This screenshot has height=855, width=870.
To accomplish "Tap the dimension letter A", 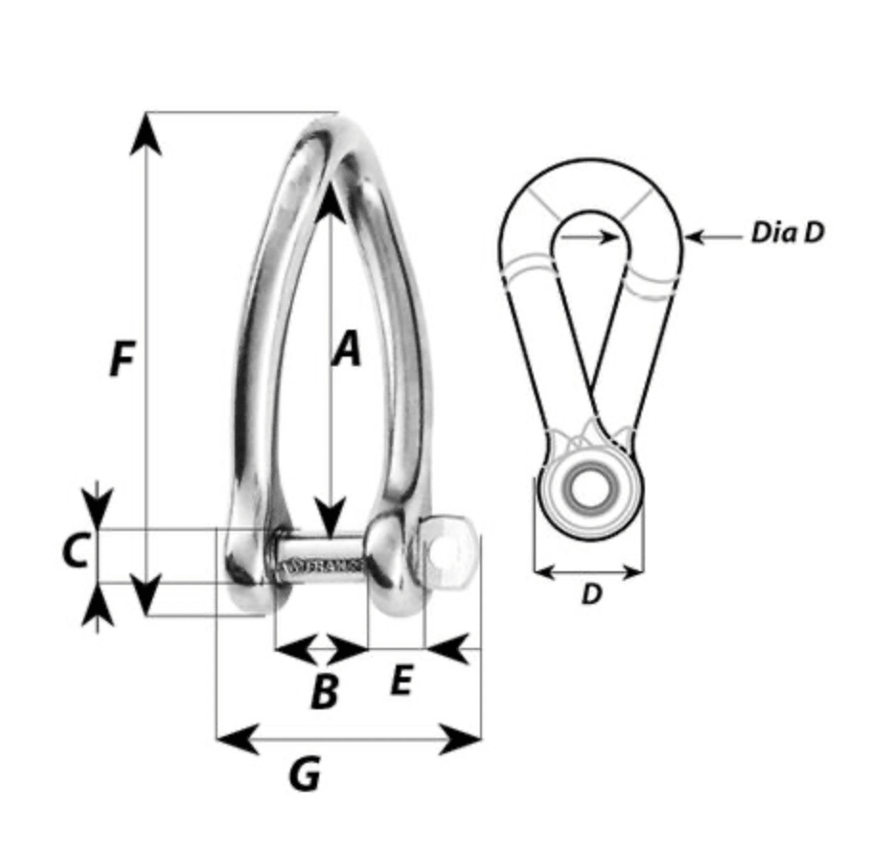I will point(347,349).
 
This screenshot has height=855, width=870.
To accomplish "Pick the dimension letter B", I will point(325,690).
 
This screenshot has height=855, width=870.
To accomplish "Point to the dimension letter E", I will point(401,682).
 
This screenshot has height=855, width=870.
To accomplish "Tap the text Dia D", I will point(787,233).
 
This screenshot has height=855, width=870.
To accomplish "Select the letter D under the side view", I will point(592,594).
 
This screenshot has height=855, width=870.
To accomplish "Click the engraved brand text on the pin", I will point(323,566).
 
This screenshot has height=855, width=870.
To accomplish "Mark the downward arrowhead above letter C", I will point(97,508).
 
